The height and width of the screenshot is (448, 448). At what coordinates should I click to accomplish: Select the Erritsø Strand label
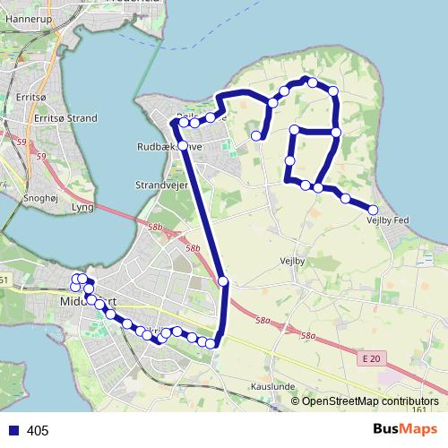pyautogui.click(x=65, y=117)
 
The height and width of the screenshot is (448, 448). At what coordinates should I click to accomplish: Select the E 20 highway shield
pyautogui.click(x=372, y=358)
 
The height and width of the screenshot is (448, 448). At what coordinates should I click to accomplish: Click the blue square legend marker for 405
pyautogui.click(x=13, y=431)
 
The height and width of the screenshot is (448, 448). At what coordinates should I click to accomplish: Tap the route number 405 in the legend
pyautogui.click(x=38, y=431)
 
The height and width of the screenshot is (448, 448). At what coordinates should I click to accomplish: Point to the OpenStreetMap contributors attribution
pyautogui.click(x=370, y=401)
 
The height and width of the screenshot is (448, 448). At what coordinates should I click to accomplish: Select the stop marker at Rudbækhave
pyautogui.click(x=183, y=145)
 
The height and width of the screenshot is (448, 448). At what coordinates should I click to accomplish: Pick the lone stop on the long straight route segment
pyautogui.click(x=223, y=281)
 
